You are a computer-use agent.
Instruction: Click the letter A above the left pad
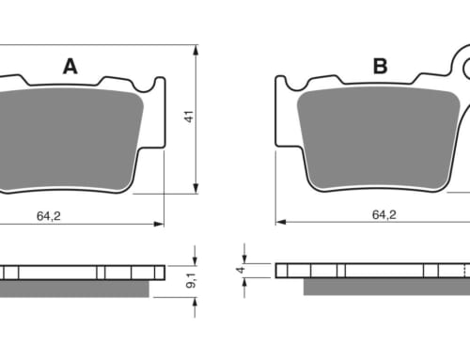[70, 67]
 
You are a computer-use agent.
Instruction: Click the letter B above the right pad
[381, 66]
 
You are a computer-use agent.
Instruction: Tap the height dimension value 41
[189, 117]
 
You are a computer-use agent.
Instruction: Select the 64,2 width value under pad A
[49, 216]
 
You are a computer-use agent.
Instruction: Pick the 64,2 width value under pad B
[384, 214]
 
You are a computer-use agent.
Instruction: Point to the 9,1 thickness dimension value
[191, 280]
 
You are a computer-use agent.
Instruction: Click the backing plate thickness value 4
[241, 270]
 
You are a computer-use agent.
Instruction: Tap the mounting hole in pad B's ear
[467, 68]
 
